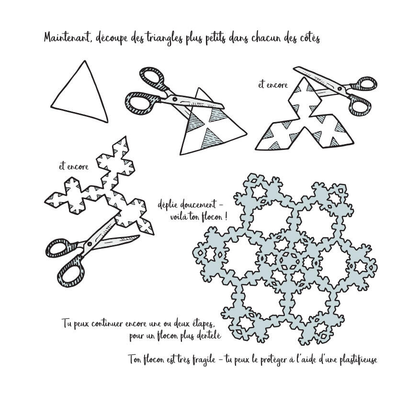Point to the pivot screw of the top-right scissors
[x=339, y=88]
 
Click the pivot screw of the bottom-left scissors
[x=89, y=244]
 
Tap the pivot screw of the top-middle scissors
[x=175, y=99]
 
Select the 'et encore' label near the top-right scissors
[x=273, y=85]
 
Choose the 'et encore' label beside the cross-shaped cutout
[x=74, y=166]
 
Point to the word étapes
[x=203, y=325]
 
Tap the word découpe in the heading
[x=112, y=39]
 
